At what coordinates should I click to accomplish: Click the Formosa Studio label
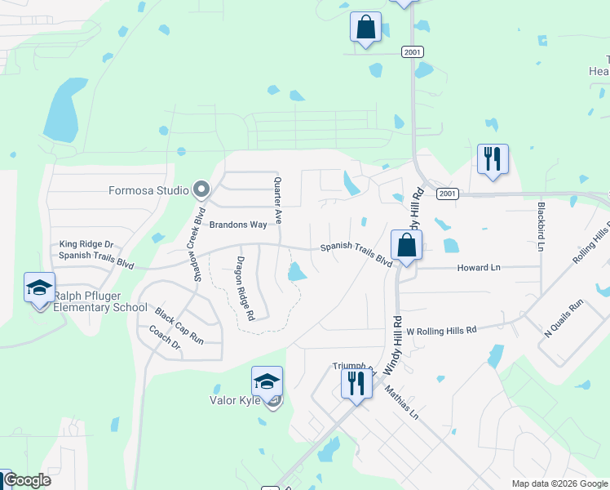tap(149, 192)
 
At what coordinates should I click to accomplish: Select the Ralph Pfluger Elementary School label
tap(100, 302)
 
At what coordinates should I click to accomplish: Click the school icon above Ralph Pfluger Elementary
tap(39, 287)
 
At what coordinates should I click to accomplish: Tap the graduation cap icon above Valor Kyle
tap(267, 381)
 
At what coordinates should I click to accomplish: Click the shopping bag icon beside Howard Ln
tap(406, 244)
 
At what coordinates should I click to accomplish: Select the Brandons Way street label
tap(238, 225)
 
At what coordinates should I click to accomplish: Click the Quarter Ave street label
tap(278, 201)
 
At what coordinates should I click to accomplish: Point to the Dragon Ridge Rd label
tap(246, 288)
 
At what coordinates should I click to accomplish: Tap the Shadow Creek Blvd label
tap(197, 244)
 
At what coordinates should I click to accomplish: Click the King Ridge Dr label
tap(86, 244)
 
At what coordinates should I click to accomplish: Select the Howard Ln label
tap(479, 268)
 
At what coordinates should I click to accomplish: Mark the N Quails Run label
tap(564, 318)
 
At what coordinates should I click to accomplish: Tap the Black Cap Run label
tap(179, 325)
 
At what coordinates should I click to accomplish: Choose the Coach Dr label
tap(165, 339)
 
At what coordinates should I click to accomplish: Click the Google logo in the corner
tap(27, 480)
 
